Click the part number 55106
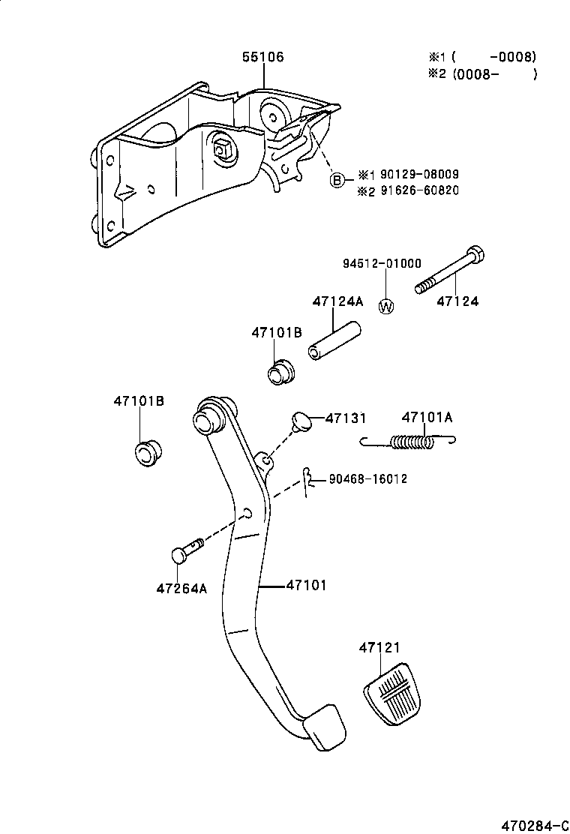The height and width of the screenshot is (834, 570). click(263, 57)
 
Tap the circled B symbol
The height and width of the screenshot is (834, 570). click(338, 180)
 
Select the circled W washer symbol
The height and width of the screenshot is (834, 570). click(386, 306)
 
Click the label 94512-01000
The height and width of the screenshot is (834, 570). click(382, 263)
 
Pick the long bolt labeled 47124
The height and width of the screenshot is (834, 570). click(450, 271)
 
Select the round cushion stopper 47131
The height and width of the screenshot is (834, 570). click(302, 421)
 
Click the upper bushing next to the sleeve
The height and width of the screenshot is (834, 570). click(282, 371)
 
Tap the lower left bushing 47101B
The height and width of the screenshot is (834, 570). click(146, 453)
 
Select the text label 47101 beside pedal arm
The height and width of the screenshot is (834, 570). click(306, 585)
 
